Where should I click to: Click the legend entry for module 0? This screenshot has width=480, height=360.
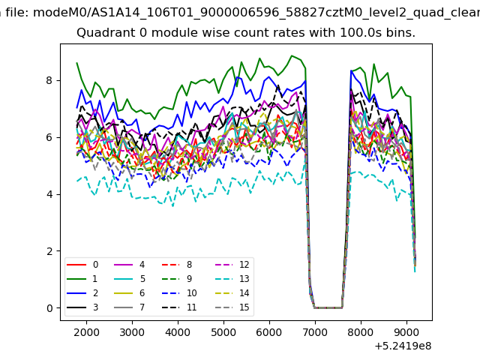pyautogui.click(x=82, y=265)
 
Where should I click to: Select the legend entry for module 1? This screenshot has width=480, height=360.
pyautogui.click(x=82, y=279)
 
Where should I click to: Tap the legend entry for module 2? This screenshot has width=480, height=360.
pyautogui.click(x=82, y=293)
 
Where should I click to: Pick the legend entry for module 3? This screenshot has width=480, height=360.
pyautogui.click(x=82, y=307)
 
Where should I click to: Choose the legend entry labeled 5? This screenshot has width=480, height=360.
pyautogui.click(x=130, y=279)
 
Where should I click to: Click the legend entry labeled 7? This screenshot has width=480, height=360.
pyautogui.click(x=130, y=307)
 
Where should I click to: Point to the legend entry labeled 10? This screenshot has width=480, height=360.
pyautogui.click(x=179, y=293)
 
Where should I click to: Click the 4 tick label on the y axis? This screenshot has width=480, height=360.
pyautogui.click(x=49, y=194)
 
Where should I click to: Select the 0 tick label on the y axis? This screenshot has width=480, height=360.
pyautogui.click(x=49, y=308)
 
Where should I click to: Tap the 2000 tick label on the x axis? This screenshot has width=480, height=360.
pyautogui.click(x=86, y=332)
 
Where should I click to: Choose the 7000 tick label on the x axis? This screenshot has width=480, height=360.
pyautogui.click(x=315, y=332)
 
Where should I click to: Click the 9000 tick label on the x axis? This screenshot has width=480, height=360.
pyautogui.click(x=406, y=332)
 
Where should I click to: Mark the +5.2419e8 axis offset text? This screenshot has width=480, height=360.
pyautogui.click(x=403, y=346)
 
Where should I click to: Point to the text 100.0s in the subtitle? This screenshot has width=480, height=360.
pyautogui.click(x=361, y=32)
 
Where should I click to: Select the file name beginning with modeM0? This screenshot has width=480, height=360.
pyautogui.click(x=256, y=13)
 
